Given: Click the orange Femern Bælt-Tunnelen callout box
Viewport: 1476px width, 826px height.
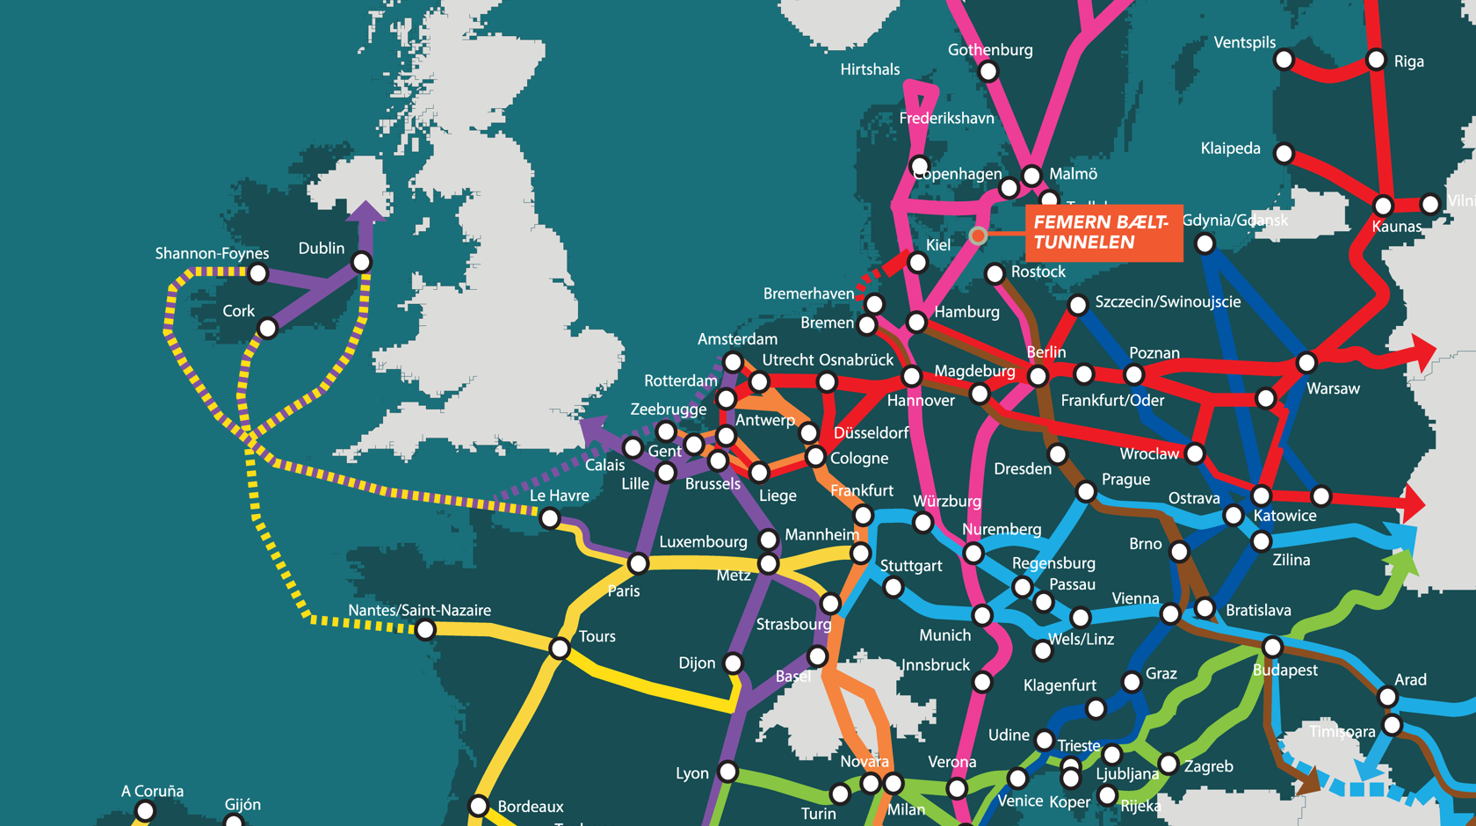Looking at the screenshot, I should [1103, 233].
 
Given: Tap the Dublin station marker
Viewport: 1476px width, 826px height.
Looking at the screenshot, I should [361, 262].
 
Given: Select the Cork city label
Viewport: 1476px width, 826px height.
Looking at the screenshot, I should [238, 311].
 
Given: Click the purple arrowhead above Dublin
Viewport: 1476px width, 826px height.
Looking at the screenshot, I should [365, 212].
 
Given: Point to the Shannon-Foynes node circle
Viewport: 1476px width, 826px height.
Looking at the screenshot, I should [257, 273].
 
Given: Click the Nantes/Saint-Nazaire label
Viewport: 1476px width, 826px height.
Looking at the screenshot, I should [419, 610].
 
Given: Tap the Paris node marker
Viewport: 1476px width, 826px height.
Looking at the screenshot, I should [639, 562].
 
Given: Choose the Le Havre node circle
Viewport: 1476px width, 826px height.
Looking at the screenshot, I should [550, 518].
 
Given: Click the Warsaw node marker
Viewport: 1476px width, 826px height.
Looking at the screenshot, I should [1306, 362].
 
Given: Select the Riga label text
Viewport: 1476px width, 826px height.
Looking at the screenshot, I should [1408, 62].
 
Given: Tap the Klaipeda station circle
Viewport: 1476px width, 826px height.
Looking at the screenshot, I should [1284, 154].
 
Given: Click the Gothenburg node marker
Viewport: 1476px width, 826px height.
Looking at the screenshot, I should [988, 72].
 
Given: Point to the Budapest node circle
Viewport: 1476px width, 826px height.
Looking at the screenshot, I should [1272, 648].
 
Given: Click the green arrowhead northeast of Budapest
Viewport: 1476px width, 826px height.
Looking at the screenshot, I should [1404, 563].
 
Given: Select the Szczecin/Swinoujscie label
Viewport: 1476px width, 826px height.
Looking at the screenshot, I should [1168, 301].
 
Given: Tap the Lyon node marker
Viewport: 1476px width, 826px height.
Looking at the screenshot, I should [727, 772].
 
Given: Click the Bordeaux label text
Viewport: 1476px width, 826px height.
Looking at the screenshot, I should [530, 807].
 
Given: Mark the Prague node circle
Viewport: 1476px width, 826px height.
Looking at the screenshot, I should [1086, 491].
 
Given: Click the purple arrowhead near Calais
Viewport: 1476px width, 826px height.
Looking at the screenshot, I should [595, 430].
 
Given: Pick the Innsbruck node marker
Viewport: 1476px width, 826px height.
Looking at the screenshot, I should [982, 682].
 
